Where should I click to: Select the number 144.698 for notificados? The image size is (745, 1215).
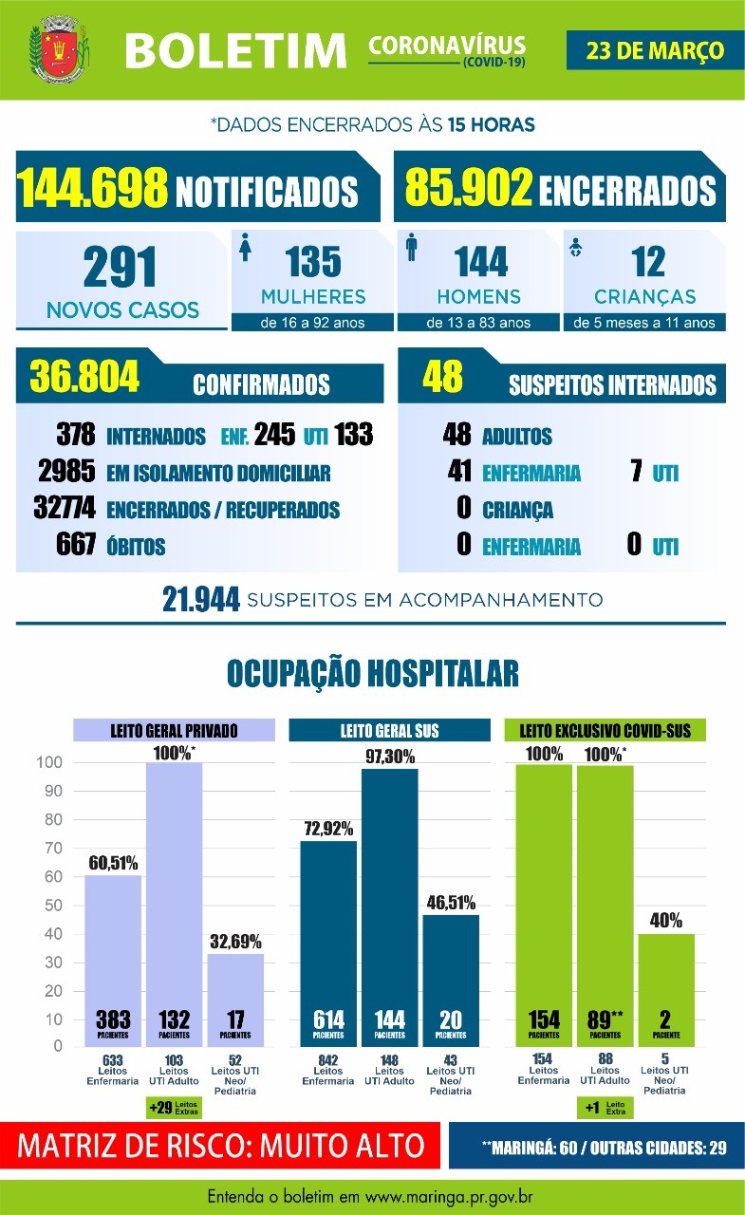pyautogui.click(x=93, y=187)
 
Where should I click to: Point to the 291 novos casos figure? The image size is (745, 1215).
pyautogui.click(x=121, y=268)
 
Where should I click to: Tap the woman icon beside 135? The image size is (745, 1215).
pyautogui.click(x=246, y=250)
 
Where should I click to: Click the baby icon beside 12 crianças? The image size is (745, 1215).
pyautogui.click(x=575, y=250)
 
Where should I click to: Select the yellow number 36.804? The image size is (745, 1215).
pyautogui.click(x=85, y=377)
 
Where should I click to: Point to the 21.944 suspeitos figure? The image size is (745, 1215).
pyautogui.click(x=200, y=601)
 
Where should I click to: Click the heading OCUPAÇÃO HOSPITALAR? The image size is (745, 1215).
pyautogui.click(x=372, y=673)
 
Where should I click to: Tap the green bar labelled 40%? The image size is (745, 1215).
pyautogui.click(x=665, y=987)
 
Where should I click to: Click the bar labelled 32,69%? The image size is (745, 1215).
pyautogui.click(x=234, y=997)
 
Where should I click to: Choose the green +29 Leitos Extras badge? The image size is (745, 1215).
pyautogui.click(x=173, y=1106)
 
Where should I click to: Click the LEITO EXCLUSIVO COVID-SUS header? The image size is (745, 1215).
pyautogui.click(x=605, y=730)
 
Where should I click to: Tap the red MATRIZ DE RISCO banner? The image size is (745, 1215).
pyautogui.click(x=222, y=1145)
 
